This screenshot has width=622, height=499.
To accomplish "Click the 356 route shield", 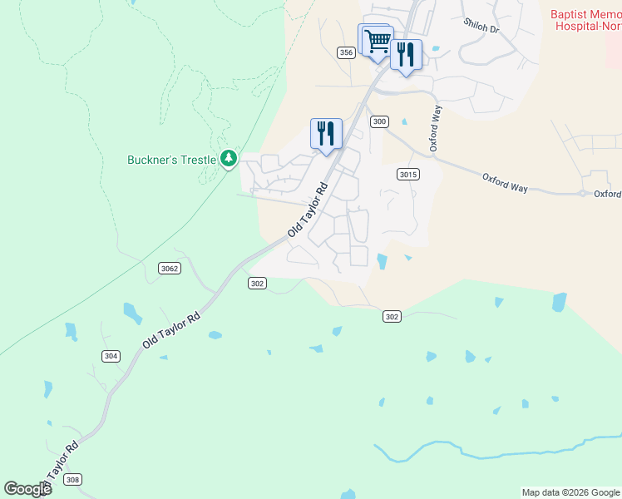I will (347, 52).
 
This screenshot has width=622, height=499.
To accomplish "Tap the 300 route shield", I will (379, 121).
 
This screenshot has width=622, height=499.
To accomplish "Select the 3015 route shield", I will (407, 174).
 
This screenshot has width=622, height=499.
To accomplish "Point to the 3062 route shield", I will (170, 268).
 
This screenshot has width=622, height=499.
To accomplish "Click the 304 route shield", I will (110, 356).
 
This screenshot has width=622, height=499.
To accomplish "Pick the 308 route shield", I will (73, 479).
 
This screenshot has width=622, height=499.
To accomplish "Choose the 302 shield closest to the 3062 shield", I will (257, 284).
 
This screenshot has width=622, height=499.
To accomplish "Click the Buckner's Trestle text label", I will (172, 159).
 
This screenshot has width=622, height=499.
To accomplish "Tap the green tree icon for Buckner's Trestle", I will (230, 159).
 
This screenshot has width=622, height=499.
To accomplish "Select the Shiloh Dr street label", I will (481, 27).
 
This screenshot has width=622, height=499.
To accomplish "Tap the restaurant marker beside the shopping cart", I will (405, 55).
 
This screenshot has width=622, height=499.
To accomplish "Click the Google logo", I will (27, 488).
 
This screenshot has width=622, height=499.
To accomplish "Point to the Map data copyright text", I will (570, 492).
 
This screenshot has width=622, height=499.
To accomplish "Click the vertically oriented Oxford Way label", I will (434, 128).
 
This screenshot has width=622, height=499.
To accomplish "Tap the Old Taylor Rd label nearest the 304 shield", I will (171, 330).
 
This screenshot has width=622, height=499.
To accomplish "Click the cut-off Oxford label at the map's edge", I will (607, 194).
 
